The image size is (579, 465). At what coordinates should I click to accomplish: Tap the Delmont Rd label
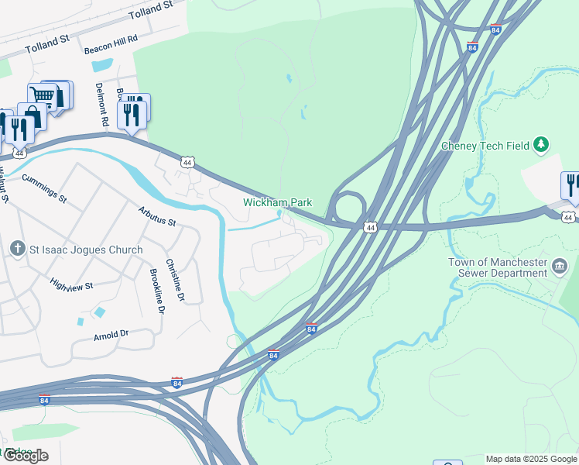tap(101, 105)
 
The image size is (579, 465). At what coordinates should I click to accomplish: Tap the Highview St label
tap(71, 285)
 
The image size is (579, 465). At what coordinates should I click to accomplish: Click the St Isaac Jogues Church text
tap(87, 250)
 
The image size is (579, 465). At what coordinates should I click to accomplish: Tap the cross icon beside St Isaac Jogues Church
tap(17, 250)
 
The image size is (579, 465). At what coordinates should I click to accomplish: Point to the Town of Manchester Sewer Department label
tap(498, 267)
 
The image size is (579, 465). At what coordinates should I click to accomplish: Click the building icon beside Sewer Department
tap(560, 267)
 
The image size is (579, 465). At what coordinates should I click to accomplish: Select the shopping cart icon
tap(44, 96)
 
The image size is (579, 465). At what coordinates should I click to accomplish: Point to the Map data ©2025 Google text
tap(531, 459)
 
